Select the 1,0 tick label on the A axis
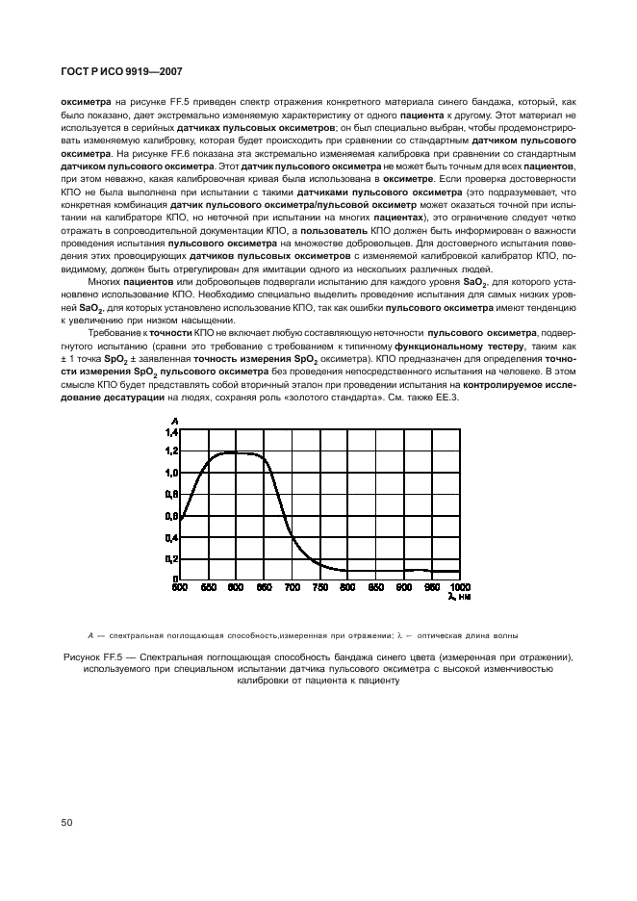(x=172, y=473)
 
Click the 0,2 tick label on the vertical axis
(x=172, y=558)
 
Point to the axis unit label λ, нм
(x=459, y=597)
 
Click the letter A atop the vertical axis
(x=174, y=422)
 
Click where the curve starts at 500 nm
(x=182, y=515)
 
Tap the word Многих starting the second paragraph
(x=106, y=281)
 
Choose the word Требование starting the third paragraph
(x=115, y=332)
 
